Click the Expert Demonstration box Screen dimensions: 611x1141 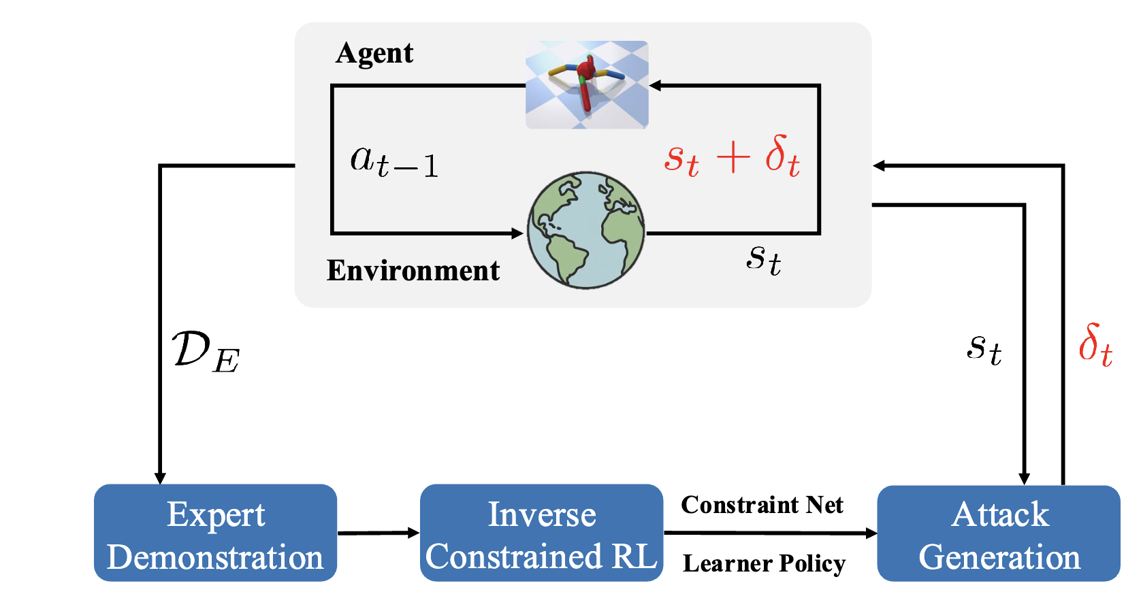215,533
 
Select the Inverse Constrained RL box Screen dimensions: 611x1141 541,533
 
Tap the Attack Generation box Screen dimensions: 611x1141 998,533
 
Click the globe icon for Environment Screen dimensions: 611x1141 585,230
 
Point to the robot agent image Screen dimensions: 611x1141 587,84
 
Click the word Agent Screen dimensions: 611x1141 374,54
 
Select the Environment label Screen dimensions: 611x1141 413,271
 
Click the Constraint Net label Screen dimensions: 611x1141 762,505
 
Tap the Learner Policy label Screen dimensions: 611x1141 764,563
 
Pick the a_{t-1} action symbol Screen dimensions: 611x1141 394,161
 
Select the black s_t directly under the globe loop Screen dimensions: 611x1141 763,259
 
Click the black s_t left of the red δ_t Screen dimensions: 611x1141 984,349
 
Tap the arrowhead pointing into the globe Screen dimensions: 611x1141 517,233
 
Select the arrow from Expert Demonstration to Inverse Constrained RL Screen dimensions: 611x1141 378,533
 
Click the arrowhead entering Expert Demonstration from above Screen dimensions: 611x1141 160,478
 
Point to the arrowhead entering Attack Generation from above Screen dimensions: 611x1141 1024,478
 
